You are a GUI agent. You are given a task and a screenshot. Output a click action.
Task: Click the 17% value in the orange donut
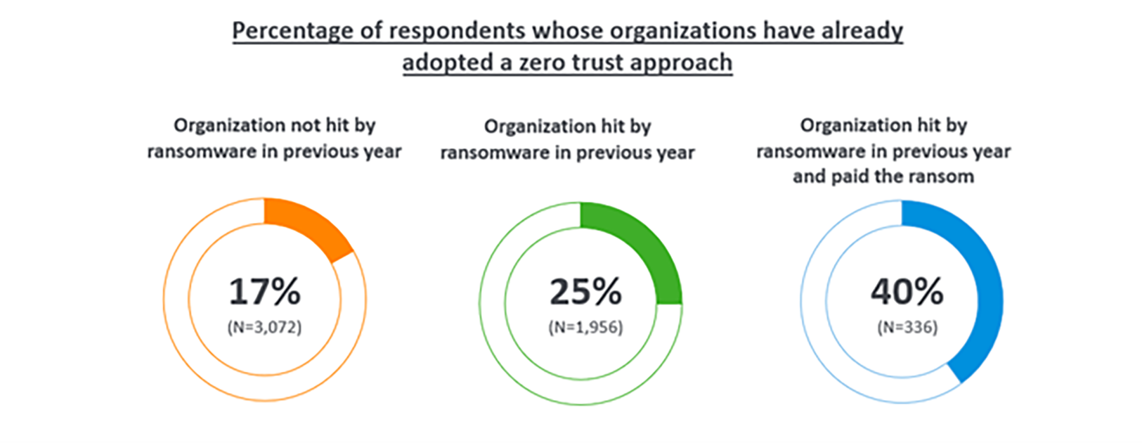pyautogui.click(x=264, y=291)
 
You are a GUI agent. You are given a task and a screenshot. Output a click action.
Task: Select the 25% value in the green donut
pyautogui.click(x=585, y=291)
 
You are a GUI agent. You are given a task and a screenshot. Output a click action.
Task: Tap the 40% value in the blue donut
pyautogui.click(x=907, y=291)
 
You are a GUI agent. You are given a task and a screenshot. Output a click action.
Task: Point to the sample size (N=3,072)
pyautogui.click(x=264, y=327)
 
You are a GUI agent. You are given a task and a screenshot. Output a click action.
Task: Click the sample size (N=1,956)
pyautogui.click(x=585, y=327)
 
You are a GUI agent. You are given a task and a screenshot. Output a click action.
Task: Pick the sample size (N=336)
pyautogui.click(x=907, y=327)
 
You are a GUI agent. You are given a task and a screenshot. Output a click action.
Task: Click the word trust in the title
pyautogui.click(x=597, y=63)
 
